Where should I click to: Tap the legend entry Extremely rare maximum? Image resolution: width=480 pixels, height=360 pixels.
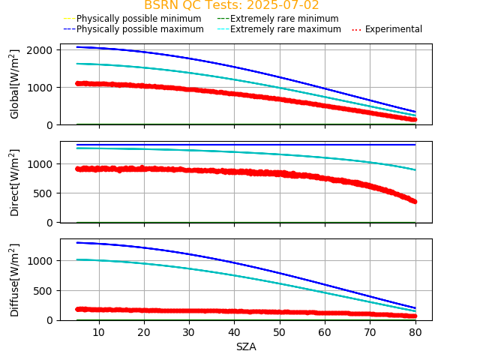click(285, 29)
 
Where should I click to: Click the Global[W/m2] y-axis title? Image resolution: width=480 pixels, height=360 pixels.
click(15, 84)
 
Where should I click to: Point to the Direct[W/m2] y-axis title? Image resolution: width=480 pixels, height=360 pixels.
click(15, 182)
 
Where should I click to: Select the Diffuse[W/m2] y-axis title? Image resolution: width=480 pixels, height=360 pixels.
click(15, 280)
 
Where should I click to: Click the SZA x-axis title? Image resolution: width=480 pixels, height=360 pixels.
click(246, 346)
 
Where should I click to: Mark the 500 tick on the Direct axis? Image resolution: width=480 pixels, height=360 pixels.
click(44, 193)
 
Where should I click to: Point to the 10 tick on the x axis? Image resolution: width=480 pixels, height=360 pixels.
click(99, 332)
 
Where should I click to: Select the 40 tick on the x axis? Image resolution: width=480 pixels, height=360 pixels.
click(235, 332)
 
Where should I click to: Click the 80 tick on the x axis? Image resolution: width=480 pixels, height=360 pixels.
click(415, 332)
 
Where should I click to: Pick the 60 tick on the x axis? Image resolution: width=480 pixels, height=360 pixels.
click(325, 332)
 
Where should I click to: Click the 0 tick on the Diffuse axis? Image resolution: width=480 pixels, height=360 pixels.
click(49, 320)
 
